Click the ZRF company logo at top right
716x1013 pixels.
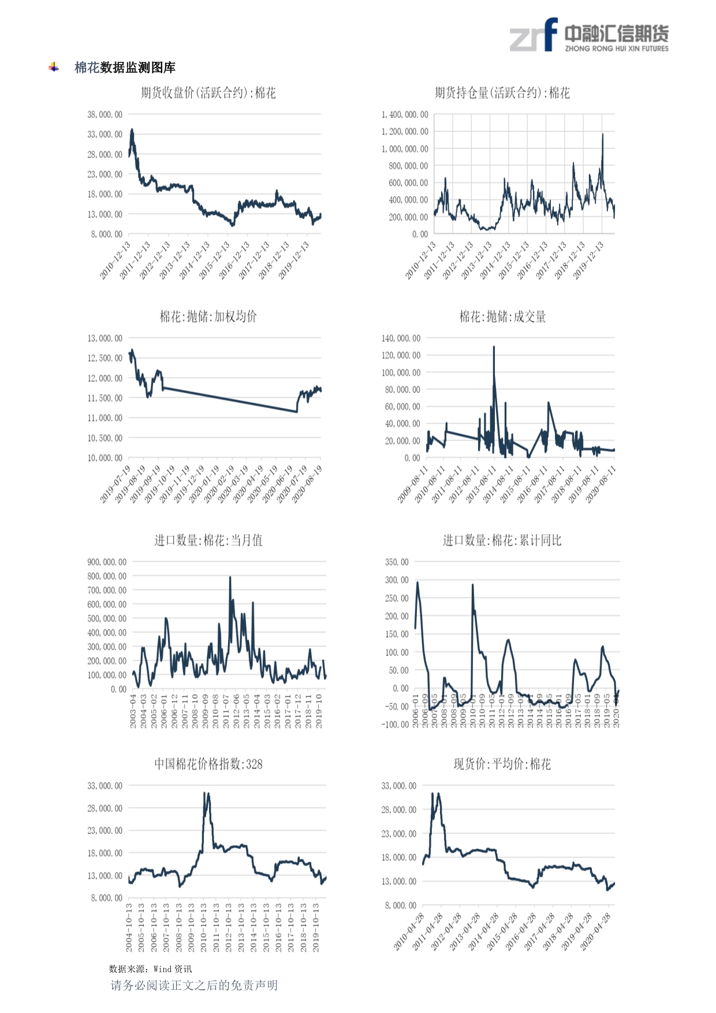[x=588, y=36]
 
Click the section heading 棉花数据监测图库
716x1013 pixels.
[x=125, y=68]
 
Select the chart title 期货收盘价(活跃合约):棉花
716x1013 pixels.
[x=208, y=93]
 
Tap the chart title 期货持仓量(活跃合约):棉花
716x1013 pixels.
[x=502, y=93]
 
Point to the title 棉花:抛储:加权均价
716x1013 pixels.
[x=208, y=317]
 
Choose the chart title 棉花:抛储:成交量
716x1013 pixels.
[x=502, y=317]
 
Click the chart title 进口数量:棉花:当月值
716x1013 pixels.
[x=208, y=540]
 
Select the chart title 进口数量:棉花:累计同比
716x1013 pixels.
[x=502, y=540]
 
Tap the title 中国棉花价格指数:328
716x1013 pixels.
[x=208, y=764]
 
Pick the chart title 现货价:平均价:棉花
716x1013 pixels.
[x=502, y=764]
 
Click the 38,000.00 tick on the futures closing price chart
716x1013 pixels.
[x=105, y=114]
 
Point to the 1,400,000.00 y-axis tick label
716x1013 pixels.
[x=405, y=114]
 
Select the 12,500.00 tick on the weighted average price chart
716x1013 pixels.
[x=105, y=358]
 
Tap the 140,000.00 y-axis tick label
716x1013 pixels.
[x=401, y=338]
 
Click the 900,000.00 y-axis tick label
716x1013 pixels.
[x=107, y=562]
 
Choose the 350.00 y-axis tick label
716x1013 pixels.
[x=397, y=562]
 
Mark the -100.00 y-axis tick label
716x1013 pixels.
[x=395, y=724]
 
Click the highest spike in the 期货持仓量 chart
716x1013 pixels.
[x=602, y=135]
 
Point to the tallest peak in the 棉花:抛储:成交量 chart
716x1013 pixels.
[x=494, y=347]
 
